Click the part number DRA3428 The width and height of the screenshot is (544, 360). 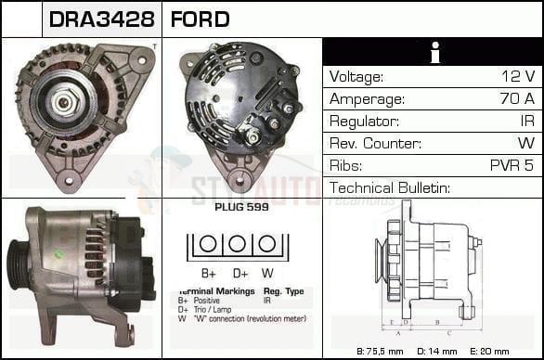(101, 19)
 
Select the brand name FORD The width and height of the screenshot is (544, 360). (200, 19)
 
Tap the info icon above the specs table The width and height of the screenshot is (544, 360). (432, 53)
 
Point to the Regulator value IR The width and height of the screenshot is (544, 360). (526, 122)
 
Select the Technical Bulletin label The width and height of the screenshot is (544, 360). (390, 188)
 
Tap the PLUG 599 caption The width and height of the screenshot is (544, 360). (241, 207)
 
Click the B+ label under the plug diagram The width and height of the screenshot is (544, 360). (210, 274)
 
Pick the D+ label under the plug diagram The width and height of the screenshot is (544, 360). (240, 274)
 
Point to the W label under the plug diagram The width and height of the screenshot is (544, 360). (267, 274)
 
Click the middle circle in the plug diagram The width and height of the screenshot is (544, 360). (239, 245)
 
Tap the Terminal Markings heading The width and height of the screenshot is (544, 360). (213, 291)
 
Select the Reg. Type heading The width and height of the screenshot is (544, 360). (283, 291)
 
